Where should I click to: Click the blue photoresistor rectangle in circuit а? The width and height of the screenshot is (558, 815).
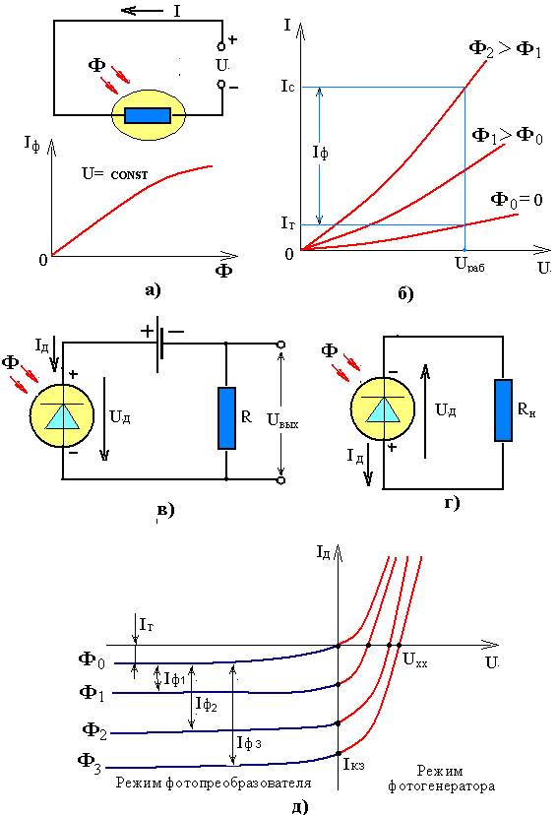click(148, 116)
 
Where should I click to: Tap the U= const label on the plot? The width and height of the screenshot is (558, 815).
click(115, 173)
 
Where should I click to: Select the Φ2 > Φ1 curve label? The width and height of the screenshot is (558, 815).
click(505, 50)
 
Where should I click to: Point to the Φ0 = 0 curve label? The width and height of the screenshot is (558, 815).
click(517, 200)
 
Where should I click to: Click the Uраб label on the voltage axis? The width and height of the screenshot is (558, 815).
click(470, 265)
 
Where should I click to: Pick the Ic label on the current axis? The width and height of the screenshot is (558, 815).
click(287, 87)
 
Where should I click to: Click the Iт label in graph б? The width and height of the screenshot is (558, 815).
click(288, 223)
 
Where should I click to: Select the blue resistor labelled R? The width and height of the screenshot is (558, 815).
click(226, 418)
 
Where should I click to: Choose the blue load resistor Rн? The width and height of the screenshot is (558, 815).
click(503, 410)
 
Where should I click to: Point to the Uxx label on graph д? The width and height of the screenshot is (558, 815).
click(415, 660)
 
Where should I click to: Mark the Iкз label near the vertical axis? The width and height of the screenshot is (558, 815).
click(353, 764)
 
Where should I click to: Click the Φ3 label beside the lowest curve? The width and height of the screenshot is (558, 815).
click(90, 763)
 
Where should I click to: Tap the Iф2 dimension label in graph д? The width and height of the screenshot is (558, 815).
click(207, 704)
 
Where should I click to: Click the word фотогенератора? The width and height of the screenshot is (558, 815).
click(441, 785)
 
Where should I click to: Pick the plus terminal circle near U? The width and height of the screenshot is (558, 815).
click(221, 47)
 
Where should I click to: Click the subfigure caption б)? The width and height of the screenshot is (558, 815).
click(405, 293)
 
